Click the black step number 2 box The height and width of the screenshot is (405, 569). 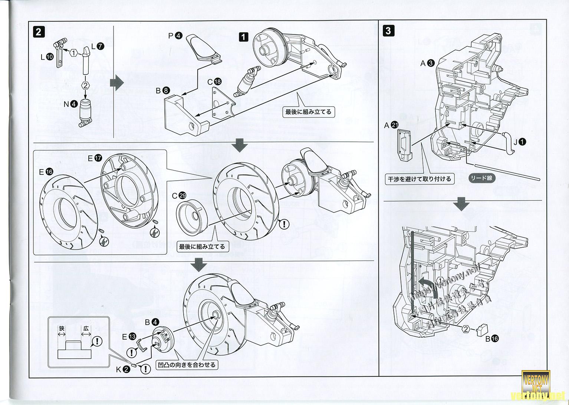coord(38,31)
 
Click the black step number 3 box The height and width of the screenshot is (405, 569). coord(388,30)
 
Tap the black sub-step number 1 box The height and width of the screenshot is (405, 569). coord(243,37)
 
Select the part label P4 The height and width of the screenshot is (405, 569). coord(175,36)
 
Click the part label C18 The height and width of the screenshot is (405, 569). coord(214,81)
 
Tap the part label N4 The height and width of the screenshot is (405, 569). coord(70,104)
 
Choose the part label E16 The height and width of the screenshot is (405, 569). coord(46,171)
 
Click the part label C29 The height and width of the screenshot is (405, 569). coord(179,195)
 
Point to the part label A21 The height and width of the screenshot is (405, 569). coord(391,125)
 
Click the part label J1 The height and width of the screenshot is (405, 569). coord(518,141)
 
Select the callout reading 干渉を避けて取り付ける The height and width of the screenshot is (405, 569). coord(419,179)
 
